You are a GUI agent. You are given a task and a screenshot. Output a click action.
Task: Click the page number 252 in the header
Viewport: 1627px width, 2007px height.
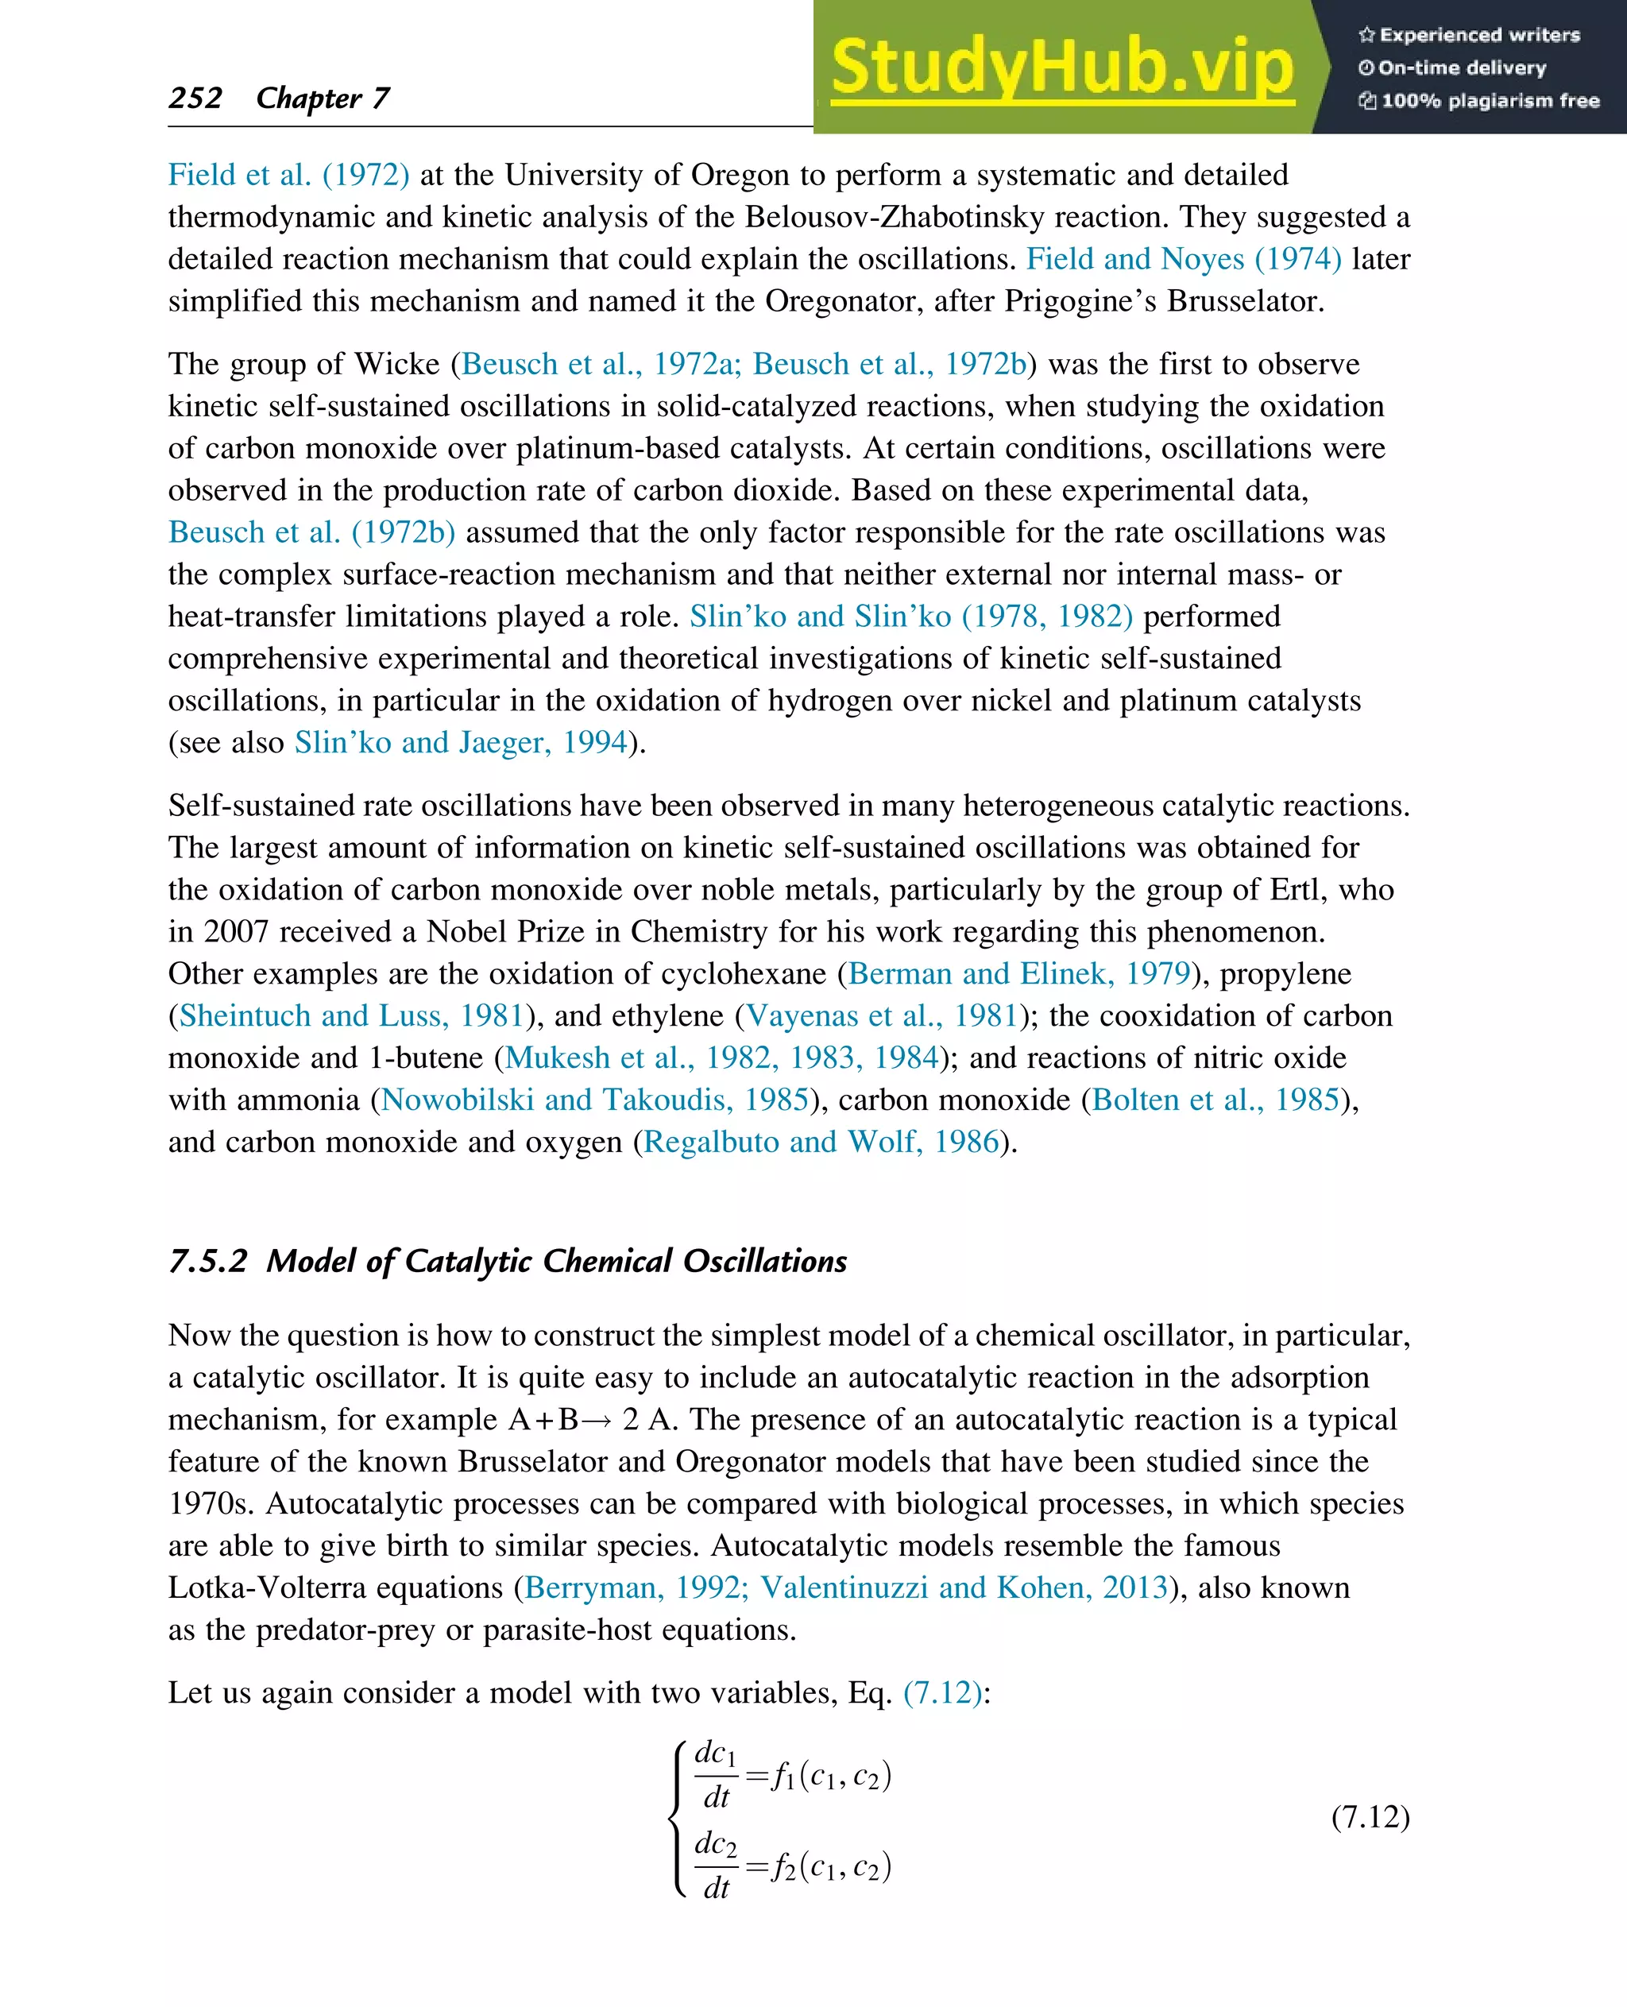[x=195, y=98]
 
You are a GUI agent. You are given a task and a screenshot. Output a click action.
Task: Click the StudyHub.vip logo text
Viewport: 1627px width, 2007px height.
[x=1062, y=68]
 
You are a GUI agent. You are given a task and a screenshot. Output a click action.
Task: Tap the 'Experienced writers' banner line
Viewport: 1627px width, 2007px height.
[x=1470, y=35]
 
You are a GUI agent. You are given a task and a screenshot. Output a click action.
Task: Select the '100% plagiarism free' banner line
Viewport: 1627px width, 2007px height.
[x=1479, y=100]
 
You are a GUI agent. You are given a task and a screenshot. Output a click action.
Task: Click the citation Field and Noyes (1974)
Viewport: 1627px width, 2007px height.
[x=1184, y=259]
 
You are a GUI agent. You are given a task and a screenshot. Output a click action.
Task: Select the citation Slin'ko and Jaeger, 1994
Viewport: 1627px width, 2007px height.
[x=460, y=742]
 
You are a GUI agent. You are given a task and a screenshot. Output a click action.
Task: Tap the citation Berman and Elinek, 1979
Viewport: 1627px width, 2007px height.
[x=1018, y=973]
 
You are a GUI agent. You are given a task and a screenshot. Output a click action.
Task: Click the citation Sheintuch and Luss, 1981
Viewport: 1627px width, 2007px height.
[x=350, y=1015]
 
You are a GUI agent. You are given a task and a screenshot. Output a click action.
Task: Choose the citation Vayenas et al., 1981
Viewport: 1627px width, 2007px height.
[x=882, y=1015]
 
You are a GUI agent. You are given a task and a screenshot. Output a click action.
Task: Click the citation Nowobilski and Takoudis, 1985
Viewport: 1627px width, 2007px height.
[x=595, y=1100]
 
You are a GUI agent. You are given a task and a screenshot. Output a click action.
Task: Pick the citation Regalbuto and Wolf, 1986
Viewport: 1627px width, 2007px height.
[x=821, y=1142]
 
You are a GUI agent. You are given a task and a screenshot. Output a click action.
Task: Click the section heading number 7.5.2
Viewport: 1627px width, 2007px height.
[x=207, y=1261]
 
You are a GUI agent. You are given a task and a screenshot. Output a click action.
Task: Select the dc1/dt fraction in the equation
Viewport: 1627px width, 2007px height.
[x=715, y=1774]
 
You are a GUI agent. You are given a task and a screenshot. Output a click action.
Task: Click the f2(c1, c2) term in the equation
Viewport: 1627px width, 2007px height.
[x=830, y=1866]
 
